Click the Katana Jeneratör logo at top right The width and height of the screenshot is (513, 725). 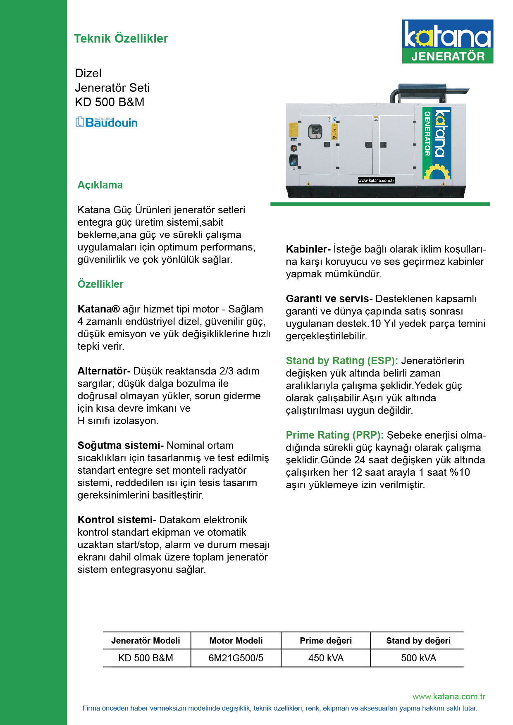(447, 41)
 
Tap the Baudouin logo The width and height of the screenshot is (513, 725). (106, 122)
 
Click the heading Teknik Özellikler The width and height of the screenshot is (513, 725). (121, 38)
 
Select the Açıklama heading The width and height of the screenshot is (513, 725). (100, 185)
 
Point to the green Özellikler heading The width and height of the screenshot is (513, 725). (100, 284)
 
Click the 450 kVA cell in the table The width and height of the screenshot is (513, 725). (326, 658)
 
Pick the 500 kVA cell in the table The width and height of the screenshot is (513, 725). (418, 658)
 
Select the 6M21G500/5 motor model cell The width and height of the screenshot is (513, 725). (236, 658)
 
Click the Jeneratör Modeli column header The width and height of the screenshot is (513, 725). (146, 641)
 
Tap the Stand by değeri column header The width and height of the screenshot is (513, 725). (418, 641)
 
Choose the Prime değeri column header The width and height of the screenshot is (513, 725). (326, 641)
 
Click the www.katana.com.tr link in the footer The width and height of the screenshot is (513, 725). (449, 696)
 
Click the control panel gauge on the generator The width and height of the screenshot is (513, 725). (315, 131)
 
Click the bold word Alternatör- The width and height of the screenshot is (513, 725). (104, 371)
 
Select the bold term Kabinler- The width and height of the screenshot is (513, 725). (308, 249)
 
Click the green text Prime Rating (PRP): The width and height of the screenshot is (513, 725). (334, 435)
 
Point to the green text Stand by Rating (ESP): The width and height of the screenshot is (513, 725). (341, 360)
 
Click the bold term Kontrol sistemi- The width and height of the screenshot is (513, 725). (117, 520)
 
